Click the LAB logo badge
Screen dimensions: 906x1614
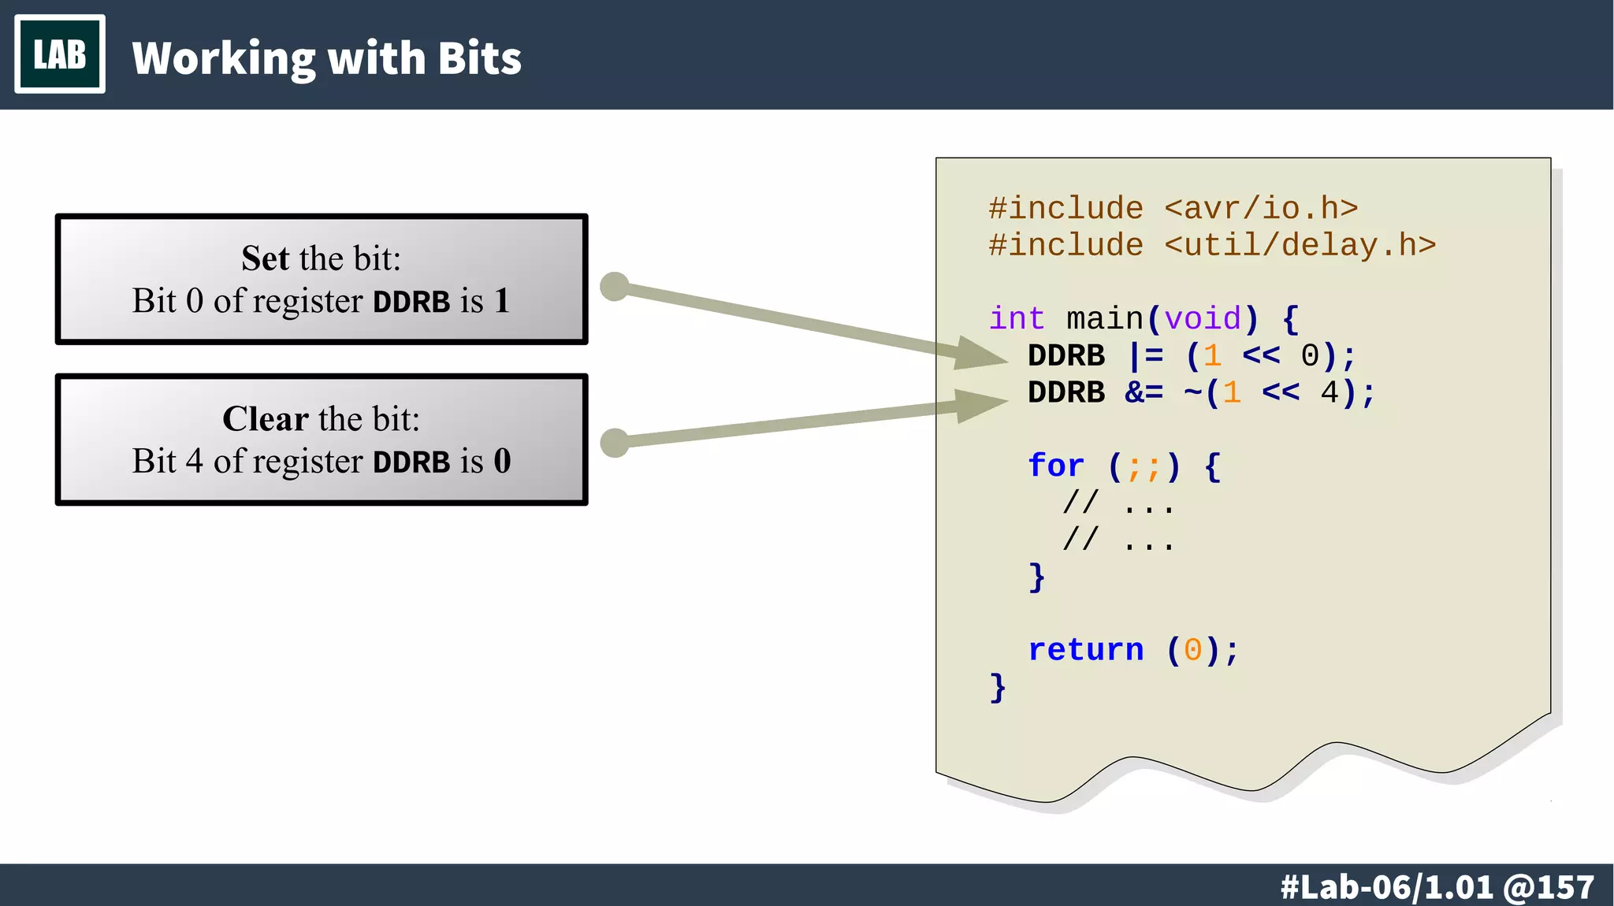click(60, 54)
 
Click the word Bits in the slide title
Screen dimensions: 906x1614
click(479, 59)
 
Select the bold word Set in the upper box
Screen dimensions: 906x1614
click(265, 258)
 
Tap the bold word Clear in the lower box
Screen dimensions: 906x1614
click(265, 419)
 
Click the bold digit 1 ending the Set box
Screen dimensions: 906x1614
click(502, 301)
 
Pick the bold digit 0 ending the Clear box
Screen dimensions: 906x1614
click(502, 461)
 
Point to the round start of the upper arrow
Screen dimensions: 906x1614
click(614, 287)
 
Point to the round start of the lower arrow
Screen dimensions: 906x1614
click(614, 443)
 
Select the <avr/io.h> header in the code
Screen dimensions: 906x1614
click(1261, 209)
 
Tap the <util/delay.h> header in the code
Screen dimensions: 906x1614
click(1300, 246)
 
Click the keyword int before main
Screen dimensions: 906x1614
click(1017, 319)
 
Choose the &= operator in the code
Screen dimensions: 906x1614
click(1144, 392)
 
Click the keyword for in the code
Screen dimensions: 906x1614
click(1056, 466)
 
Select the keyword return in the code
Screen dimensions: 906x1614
click(1085, 650)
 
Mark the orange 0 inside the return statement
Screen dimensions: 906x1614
click(1192, 651)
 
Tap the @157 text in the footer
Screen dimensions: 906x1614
click(1549, 887)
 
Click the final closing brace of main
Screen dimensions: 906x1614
click(998, 688)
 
